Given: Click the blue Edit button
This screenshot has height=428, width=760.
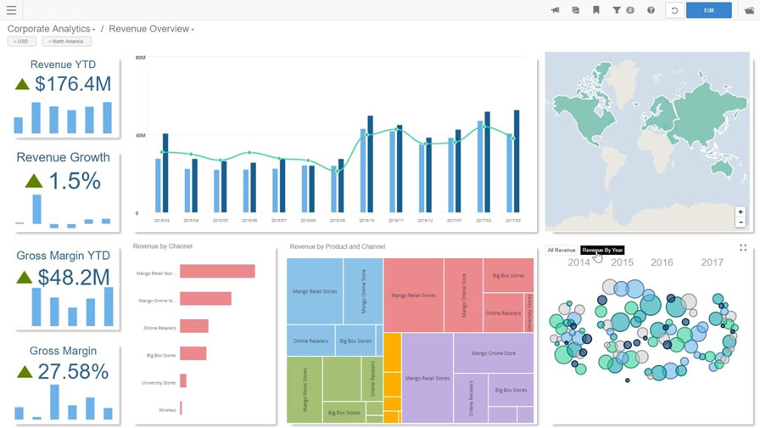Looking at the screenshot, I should (x=708, y=10).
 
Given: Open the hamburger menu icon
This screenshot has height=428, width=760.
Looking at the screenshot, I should (x=11, y=10).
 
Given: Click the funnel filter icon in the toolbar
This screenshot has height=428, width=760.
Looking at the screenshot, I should (x=617, y=10).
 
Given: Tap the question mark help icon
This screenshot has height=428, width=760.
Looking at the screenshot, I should (x=651, y=10).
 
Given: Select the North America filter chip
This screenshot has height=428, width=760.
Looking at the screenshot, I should (x=66, y=41).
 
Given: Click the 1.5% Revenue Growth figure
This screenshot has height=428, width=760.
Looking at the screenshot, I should (x=74, y=181).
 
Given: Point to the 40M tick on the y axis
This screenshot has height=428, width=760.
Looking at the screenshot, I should (x=140, y=135).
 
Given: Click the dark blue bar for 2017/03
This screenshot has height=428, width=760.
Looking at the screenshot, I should (x=517, y=160).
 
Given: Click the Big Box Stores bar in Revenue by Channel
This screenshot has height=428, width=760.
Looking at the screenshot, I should (x=193, y=353).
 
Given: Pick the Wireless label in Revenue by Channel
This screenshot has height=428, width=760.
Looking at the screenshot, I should (x=167, y=410).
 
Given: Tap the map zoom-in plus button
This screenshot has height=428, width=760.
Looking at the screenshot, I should (x=740, y=212).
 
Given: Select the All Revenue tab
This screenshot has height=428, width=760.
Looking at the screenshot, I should (x=562, y=251).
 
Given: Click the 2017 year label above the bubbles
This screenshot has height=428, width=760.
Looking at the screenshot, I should (x=712, y=262).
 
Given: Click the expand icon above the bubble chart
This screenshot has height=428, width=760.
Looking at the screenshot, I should (x=743, y=248).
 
